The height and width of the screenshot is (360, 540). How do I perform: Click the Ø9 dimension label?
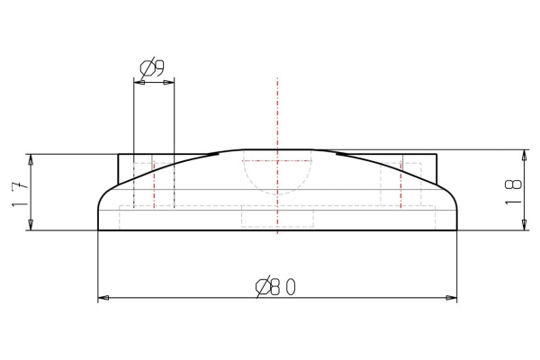[152, 67]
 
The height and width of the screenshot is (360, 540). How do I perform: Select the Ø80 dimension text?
[276, 286]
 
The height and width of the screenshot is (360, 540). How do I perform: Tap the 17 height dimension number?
[19, 193]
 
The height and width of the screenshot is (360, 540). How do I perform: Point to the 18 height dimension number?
[513, 191]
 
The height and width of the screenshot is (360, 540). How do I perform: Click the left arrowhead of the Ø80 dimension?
[103, 297]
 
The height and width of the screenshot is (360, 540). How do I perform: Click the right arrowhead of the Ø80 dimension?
[452, 297]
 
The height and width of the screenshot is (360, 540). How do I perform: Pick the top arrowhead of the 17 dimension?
[31, 159]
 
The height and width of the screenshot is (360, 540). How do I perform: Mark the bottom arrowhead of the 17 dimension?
[31, 225]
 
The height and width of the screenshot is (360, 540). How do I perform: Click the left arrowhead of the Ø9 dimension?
[138, 82]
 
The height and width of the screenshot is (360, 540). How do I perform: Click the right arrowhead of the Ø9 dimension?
[169, 82]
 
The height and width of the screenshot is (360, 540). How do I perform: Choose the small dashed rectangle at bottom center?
[277, 218]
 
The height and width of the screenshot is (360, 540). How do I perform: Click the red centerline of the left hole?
[154, 184]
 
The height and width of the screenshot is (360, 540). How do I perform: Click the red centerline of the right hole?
[401, 184]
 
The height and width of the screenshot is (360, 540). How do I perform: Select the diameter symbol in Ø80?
[262, 286]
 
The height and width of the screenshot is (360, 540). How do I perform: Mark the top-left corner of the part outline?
[120, 155]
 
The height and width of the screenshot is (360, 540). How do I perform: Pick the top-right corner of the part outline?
[436, 155]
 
